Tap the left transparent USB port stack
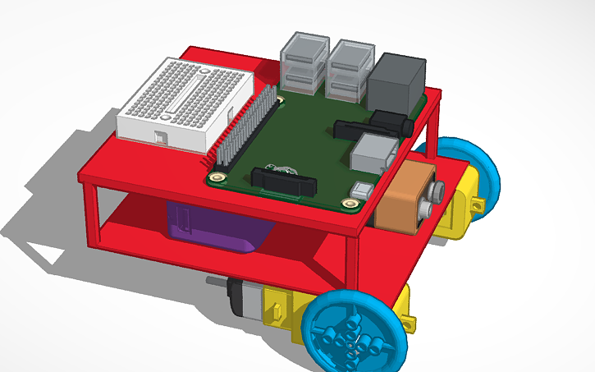[x=304, y=62]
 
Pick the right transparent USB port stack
[x=350, y=66]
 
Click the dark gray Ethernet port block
[x=397, y=82]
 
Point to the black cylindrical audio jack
[x=389, y=123]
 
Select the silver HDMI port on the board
[x=373, y=154]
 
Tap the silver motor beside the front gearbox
[x=242, y=297]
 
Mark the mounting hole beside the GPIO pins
[x=218, y=177]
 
